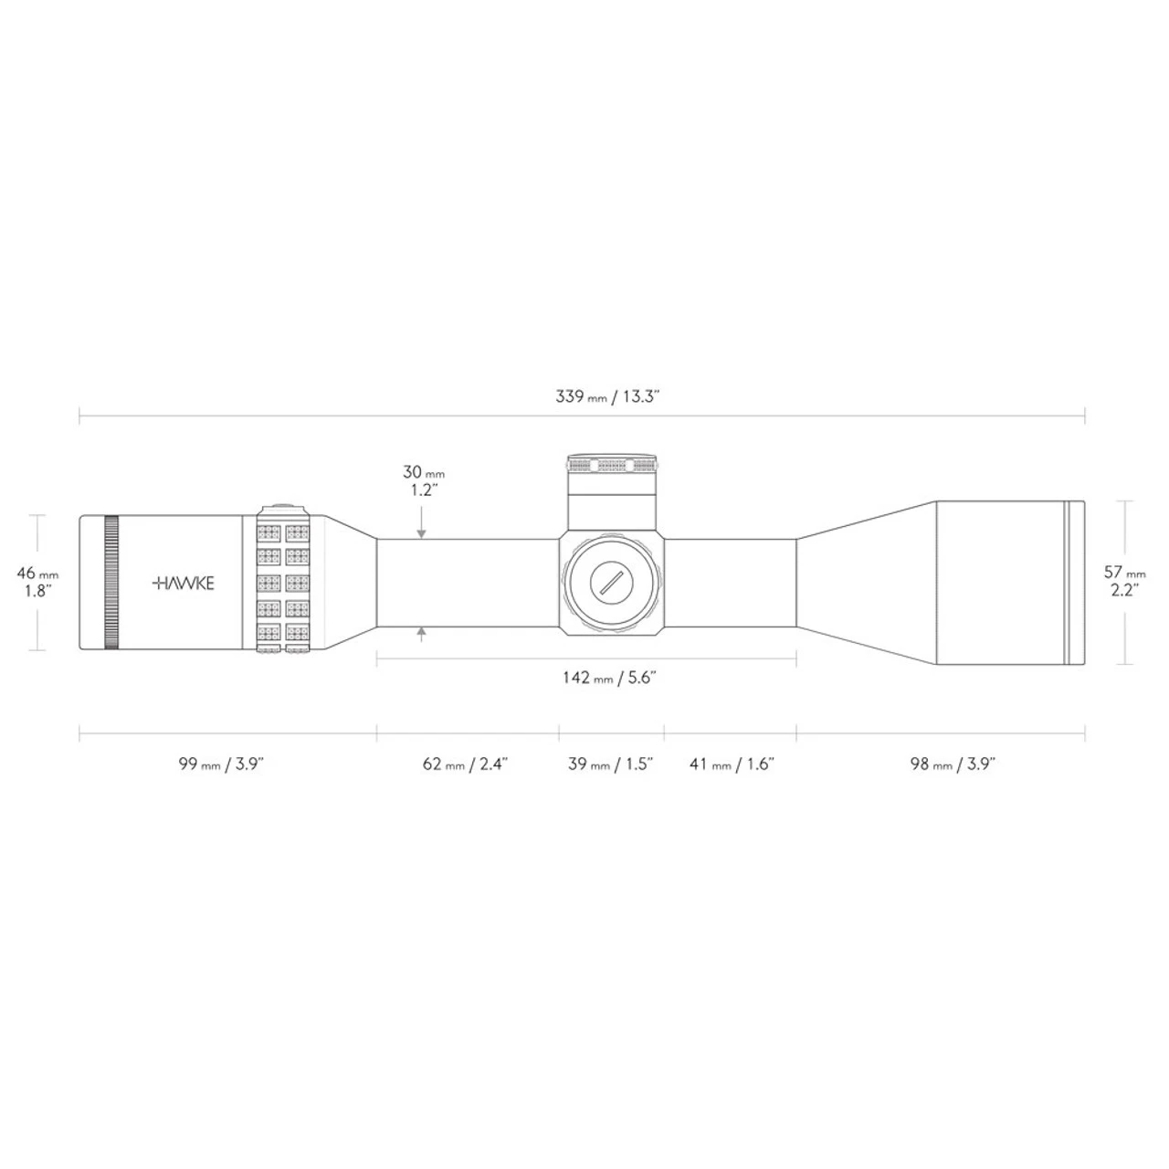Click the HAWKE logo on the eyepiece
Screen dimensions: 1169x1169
click(183, 583)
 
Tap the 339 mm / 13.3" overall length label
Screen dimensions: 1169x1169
click(606, 397)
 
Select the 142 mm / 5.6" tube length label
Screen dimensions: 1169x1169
click(609, 678)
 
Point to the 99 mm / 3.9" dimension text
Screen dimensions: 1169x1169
click(221, 764)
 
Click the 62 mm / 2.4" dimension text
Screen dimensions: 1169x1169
click(465, 764)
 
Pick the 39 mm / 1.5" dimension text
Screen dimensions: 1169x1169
click(610, 764)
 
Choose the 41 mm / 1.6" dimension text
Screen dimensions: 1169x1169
click(732, 764)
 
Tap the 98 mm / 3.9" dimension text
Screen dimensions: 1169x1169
click(953, 764)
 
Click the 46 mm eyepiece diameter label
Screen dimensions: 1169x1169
click(37, 573)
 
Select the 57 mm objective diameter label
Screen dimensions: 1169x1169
click(1125, 572)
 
